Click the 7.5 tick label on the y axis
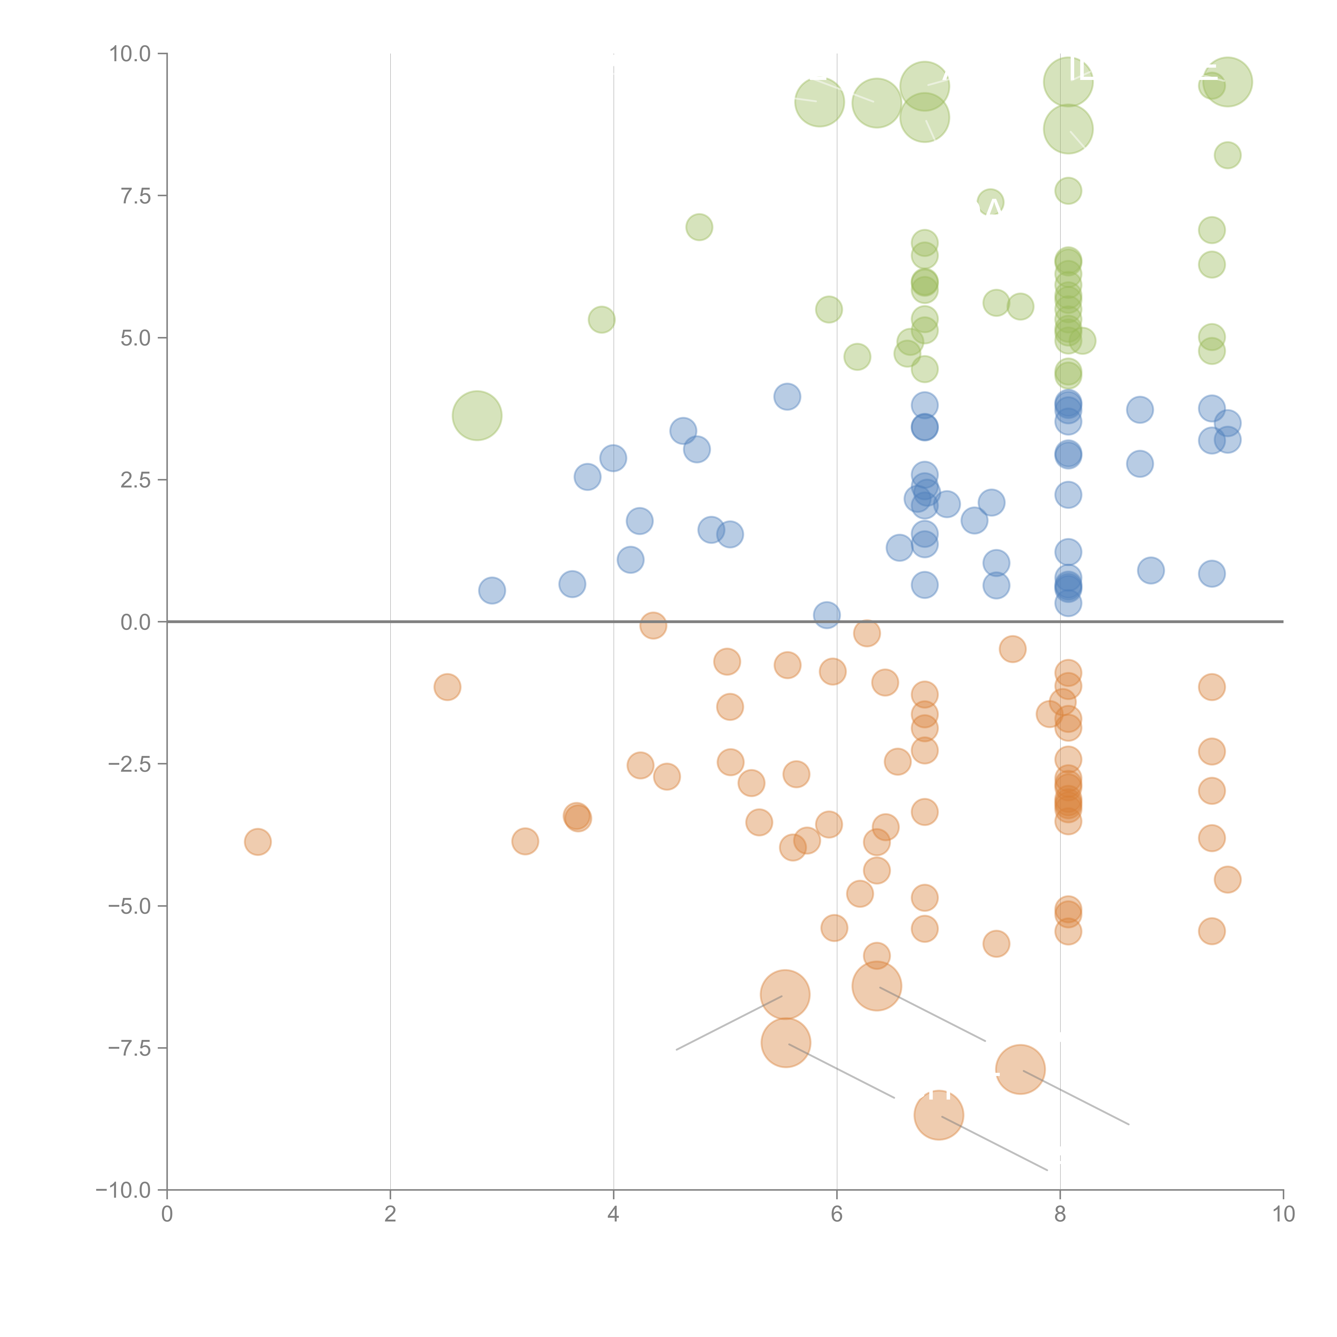(x=136, y=196)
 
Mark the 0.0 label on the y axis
(x=136, y=622)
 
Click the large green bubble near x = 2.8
(x=477, y=415)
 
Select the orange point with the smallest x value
(x=258, y=842)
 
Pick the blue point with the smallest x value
(x=491, y=590)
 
